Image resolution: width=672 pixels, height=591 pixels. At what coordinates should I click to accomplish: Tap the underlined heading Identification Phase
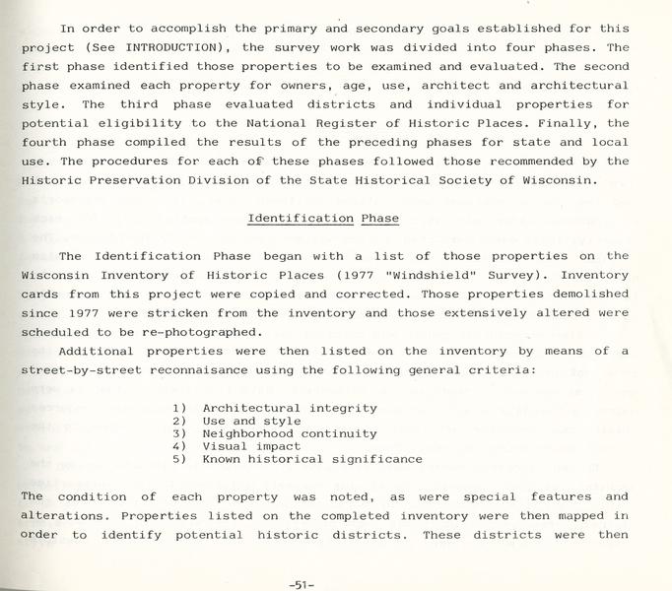coord(323,218)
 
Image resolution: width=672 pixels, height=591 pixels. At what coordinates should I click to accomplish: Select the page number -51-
coord(302,584)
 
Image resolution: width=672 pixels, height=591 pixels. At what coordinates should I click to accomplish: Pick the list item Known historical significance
coord(312,459)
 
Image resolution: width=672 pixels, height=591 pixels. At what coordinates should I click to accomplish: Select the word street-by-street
coord(84,369)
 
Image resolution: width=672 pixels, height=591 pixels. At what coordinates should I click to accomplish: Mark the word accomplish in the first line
coord(159,29)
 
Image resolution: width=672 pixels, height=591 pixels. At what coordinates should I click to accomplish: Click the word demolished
coord(587,295)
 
